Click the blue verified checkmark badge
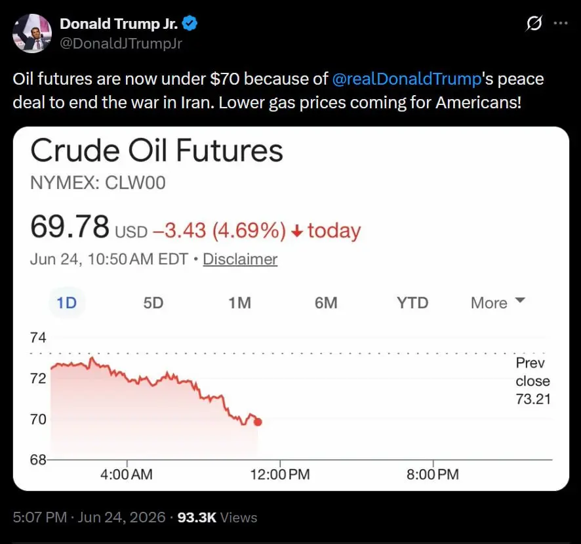(190, 24)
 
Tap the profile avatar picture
(32, 33)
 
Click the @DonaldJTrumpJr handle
(121, 43)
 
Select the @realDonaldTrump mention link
(407, 79)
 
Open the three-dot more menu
(560, 23)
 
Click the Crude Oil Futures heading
(157, 150)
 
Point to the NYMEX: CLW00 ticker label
(98, 183)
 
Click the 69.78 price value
(70, 226)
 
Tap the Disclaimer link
(240, 259)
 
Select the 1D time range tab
(67, 303)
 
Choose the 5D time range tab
(153, 303)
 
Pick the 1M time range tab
(240, 303)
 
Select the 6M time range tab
(326, 303)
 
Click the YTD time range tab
(412, 303)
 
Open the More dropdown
(498, 303)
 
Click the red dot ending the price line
(258, 422)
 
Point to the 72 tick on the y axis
(38, 378)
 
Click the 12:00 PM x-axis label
(280, 474)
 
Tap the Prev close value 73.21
(533, 399)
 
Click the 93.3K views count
(197, 517)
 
